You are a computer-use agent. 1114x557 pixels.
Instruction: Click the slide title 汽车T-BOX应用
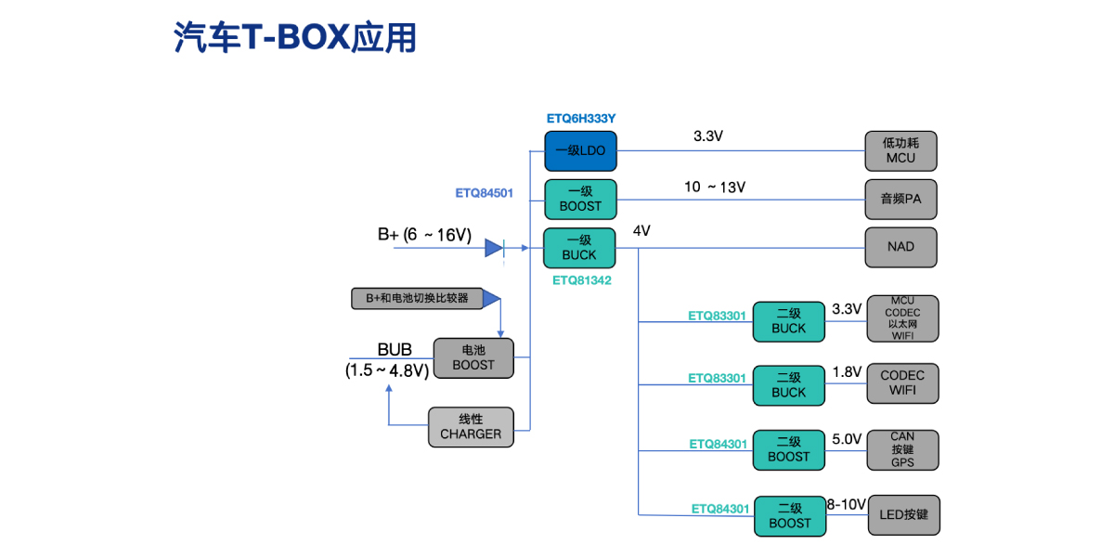pos(295,37)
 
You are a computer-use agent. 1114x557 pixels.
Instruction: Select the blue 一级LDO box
pos(580,149)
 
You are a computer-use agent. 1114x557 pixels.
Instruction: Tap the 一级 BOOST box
pos(580,199)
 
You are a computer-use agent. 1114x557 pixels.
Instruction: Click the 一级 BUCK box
pos(580,248)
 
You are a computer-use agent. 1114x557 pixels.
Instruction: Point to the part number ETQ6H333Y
pos(581,119)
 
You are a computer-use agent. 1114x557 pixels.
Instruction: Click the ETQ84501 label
pos(485,193)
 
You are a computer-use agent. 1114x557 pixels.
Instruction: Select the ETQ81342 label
pos(581,278)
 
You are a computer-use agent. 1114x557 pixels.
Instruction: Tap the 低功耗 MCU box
pos(900,150)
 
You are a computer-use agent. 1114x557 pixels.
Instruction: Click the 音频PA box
pos(900,199)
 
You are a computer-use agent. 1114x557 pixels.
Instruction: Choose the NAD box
pos(900,247)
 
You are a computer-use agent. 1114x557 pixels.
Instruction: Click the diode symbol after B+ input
pos(494,248)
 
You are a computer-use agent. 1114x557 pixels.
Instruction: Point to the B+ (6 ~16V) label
pos(424,236)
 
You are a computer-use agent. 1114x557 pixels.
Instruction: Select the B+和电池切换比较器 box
pos(417,298)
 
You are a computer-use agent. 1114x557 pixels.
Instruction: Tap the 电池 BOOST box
pos(473,357)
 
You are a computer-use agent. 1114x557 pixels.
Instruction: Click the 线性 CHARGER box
pos(471,427)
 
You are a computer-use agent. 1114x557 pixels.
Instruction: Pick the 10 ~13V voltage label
pos(715,188)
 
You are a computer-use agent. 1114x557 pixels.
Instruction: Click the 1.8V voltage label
pos(847,371)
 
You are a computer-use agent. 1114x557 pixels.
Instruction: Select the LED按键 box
pos(903,514)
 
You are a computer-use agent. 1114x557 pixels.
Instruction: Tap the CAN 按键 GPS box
pos(902,449)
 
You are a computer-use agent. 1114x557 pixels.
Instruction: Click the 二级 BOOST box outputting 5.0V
pos(789,449)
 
